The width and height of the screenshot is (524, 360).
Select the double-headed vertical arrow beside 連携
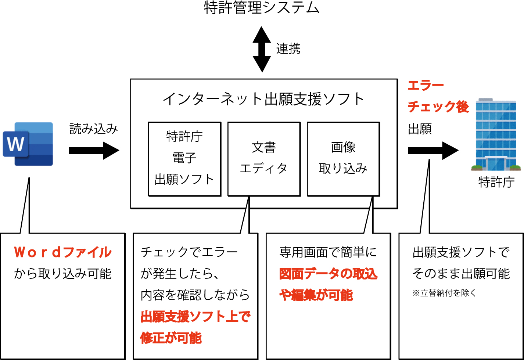coord(262,49)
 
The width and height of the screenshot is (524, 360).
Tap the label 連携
coord(288,49)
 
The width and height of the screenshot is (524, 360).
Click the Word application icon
coord(28,144)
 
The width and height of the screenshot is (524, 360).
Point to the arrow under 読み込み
coord(94,150)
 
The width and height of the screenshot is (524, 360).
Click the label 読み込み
coord(94,129)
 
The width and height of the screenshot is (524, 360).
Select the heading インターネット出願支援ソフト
coord(263,99)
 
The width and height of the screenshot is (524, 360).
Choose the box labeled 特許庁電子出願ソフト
coord(184,159)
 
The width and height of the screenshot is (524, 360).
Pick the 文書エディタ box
coord(264,159)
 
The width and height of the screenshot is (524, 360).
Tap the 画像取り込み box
coord(343,159)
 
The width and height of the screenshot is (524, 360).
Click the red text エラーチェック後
coord(438,96)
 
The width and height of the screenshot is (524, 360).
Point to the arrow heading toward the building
coord(433,150)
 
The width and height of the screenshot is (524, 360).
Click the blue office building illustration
coord(496,134)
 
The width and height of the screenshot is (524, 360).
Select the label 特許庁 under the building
coord(496,182)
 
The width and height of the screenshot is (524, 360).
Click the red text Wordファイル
coord(63,252)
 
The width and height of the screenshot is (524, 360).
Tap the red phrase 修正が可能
coord(171,338)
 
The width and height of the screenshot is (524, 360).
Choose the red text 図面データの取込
coord(328,274)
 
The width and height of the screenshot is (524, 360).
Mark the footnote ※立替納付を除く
coord(444,293)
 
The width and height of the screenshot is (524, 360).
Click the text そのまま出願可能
coord(461,274)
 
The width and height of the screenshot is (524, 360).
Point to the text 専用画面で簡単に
coord(328,252)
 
